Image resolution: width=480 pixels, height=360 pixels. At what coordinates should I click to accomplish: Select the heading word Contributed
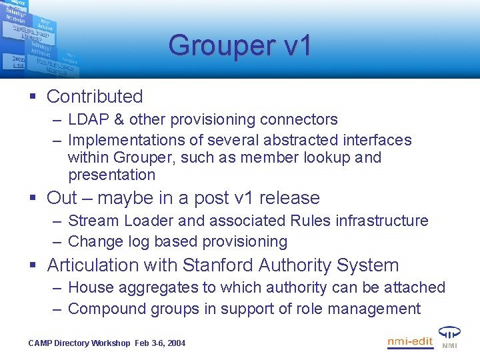(x=95, y=97)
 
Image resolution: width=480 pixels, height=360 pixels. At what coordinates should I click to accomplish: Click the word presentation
(x=111, y=175)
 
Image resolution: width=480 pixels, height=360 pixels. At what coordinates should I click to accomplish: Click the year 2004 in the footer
(x=175, y=343)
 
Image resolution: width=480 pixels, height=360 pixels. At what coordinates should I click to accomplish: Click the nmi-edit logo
(x=410, y=342)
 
